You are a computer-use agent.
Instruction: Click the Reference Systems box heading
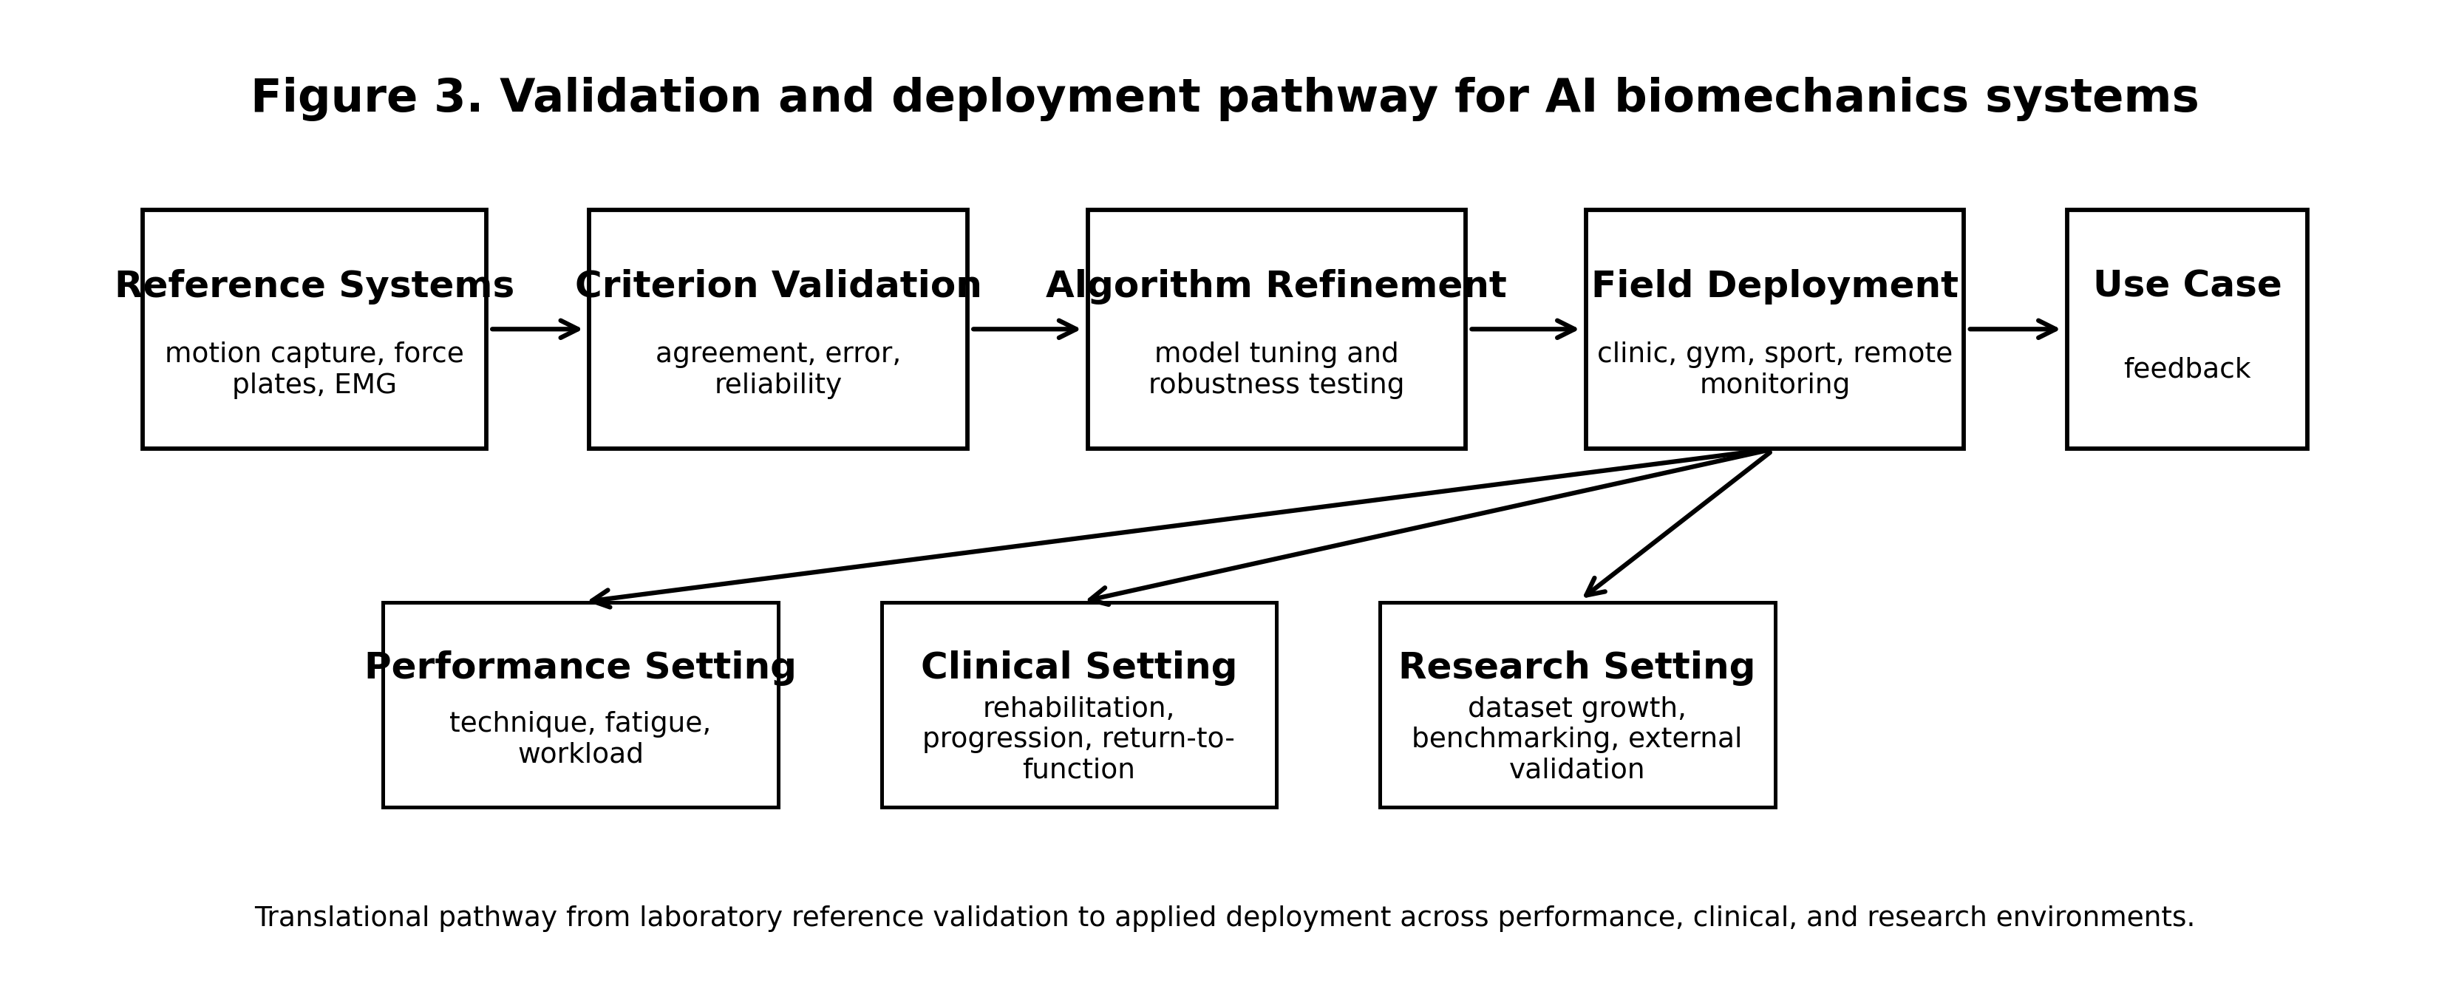[314, 285]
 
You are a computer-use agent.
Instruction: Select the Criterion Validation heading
[778, 285]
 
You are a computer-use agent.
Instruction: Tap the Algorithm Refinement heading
[1276, 285]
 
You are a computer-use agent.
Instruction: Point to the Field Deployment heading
[1774, 285]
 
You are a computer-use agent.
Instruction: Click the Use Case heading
[2187, 285]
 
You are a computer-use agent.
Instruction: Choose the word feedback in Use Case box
[2187, 369]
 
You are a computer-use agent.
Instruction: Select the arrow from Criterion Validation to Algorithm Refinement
[1025, 330]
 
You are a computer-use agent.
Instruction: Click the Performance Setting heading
[580, 667]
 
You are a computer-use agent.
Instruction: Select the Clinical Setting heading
[1078, 667]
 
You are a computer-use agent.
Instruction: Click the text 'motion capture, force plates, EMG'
[314, 369]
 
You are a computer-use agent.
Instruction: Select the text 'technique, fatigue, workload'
[580, 738]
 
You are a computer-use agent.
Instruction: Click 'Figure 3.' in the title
[366, 98]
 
